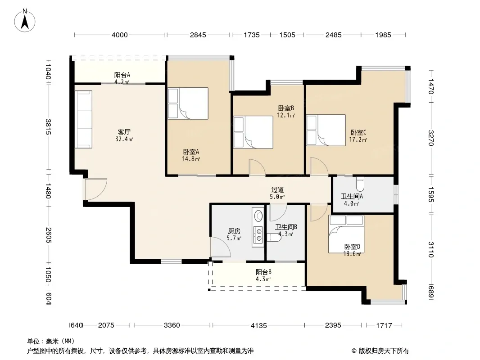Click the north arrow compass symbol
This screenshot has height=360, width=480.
[x=25, y=21]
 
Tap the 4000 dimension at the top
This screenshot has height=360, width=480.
[x=119, y=35]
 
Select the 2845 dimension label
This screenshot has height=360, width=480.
[x=198, y=35]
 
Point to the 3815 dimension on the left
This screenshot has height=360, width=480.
[x=48, y=126]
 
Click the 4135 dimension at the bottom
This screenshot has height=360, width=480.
[x=258, y=326]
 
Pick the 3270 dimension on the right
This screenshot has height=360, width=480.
[x=431, y=138]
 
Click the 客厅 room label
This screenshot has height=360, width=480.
[x=124, y=132]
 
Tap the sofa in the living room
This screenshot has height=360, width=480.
[x=84, y=119]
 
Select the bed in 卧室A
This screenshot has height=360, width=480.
[x=188, y=103]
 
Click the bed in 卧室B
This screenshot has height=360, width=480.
[x=253, y=132]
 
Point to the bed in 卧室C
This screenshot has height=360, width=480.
[x=326, y=130]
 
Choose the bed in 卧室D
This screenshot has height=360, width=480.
[x=346, y=234]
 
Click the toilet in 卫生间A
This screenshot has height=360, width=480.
[x=360, y=183]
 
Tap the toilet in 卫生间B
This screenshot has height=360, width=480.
[x=274, y=237]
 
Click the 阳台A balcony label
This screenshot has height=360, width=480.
[x=122, y=75]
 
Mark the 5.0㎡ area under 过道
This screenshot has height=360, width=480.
[x=277, y=197]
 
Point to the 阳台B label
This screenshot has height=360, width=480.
[x=263, y=272]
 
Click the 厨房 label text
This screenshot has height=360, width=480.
[x=234, y=231]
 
